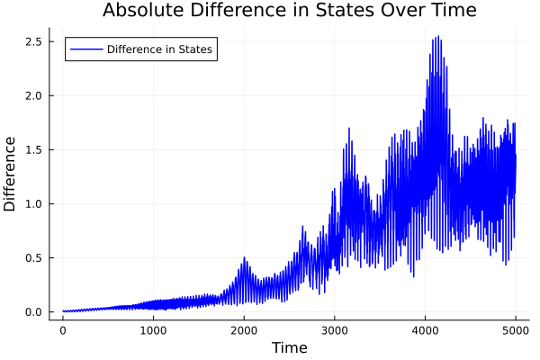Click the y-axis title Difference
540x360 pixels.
(x=10, y=174)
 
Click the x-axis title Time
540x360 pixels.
(x=289, y=347)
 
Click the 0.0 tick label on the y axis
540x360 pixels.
(x=34, y=312)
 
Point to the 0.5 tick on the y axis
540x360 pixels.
(x=34, y=258)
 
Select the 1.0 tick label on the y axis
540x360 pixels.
(x=34, y=204)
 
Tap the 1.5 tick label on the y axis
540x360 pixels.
(x=34, y=150)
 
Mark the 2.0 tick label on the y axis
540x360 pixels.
(x=34, y=96)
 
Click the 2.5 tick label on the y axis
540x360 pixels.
(x=34, y=42)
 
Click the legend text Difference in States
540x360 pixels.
(x=159, y=49)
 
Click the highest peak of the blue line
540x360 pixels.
(x=437, y=37)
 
